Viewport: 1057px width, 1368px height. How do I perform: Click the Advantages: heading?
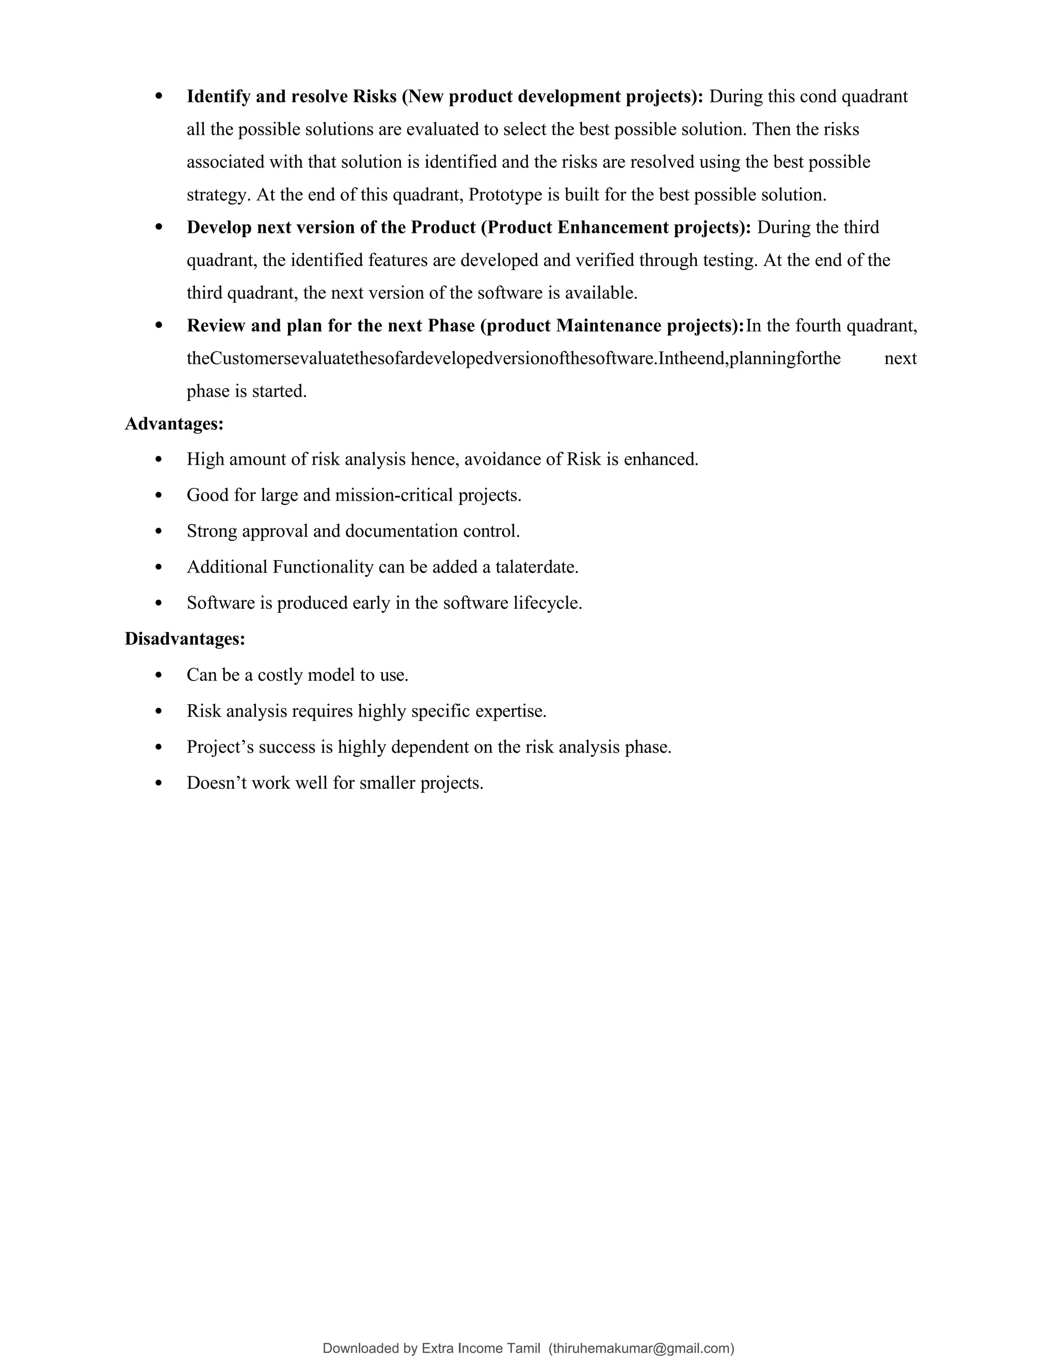tap(174, 424)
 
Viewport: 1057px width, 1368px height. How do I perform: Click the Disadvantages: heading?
tap(185, 639)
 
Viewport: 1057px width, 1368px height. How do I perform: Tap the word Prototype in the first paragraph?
tap(505, 195)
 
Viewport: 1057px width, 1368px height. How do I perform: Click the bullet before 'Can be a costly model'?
tap(158, 675)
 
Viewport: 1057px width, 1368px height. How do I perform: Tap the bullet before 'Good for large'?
tap(158, 496)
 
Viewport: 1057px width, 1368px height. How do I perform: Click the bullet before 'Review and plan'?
tap(158, 326)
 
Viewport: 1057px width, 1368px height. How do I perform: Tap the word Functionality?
tap(323, 567)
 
